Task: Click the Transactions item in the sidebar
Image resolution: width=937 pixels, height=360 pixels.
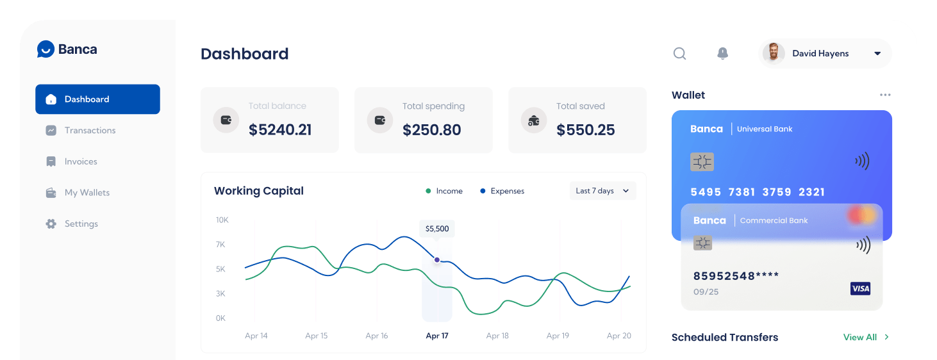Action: coord(90,131)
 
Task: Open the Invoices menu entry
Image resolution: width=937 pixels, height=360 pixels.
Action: coord(81,161)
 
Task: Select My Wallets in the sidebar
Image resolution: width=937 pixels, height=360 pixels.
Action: coord(87,193)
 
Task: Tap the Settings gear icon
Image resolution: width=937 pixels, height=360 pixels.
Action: coord(51,224)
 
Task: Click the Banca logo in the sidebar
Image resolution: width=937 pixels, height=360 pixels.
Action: coord(67,49)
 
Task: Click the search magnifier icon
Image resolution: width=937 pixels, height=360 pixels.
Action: coord(679,54)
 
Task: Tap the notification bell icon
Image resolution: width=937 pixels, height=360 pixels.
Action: coord(722,54)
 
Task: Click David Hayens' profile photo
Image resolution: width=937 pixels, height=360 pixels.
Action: coord(774,54)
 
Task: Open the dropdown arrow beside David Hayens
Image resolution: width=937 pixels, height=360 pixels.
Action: coord(877,54)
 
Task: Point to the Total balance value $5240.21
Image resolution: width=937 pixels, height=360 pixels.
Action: coord(280,130)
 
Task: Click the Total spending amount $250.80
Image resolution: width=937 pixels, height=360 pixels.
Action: coord(431,130)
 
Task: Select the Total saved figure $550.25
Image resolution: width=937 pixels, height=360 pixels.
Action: coord(585,130)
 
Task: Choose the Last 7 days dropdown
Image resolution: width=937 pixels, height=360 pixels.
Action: coord(602,191)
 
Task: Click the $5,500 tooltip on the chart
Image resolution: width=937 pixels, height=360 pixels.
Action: coord(437,229)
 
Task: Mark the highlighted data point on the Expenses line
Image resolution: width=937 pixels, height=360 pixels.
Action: coord(437,260)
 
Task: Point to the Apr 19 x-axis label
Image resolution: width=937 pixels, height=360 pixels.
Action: coord(558,336)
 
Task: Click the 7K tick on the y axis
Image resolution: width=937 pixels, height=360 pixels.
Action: coord(220,245)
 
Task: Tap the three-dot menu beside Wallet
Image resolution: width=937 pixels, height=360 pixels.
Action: coord(885,95)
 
